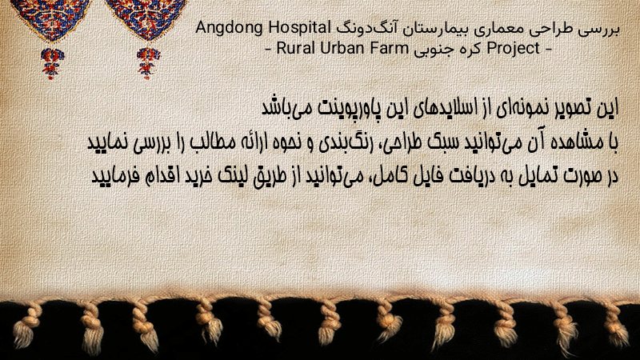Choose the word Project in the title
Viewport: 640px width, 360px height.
[x=514, y=49]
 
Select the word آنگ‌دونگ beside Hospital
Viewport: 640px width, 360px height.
[x=366, y=29]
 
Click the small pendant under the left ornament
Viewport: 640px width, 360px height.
[x=52, y=63]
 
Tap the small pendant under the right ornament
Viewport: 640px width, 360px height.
[x=148, y=63]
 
